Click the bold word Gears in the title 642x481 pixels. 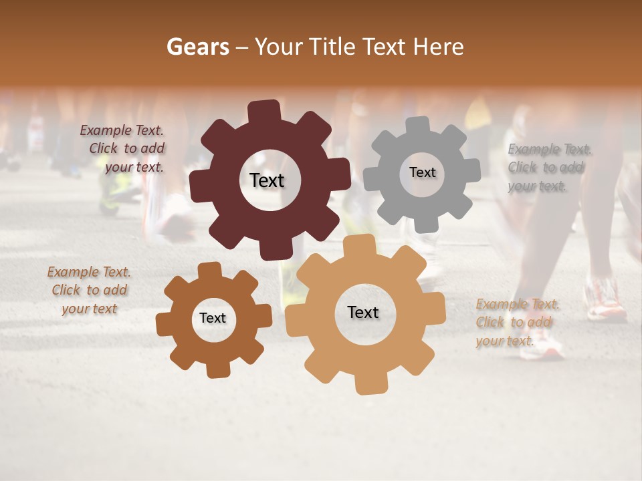pos(197,47)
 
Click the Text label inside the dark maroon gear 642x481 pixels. pos(267,180)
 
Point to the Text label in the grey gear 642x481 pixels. pos(422,172)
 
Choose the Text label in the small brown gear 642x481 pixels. pos(213,319)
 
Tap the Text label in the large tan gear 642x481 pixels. pos(363,313)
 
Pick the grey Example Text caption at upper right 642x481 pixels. pos(548,167)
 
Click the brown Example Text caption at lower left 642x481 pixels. pos(89,291)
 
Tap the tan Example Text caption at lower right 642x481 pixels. pos(516,323)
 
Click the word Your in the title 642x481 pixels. pos(279,47)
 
